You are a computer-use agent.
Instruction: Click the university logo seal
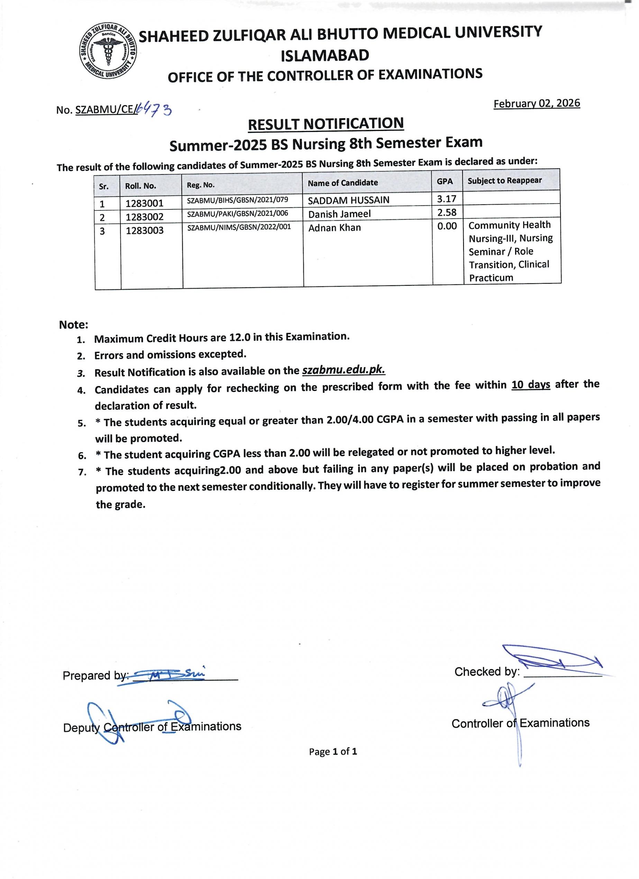tap(108, 51)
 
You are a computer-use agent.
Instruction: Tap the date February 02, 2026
tap(537, 103)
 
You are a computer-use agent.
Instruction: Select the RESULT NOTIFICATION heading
tap(326, 124)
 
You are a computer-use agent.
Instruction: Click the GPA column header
tap(445, 181)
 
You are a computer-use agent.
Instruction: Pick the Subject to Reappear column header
tap(504, 181)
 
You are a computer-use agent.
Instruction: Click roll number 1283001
tap(144, 203)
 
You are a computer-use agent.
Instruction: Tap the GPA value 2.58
tap(447, 212)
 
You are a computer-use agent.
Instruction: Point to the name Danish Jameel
tap(339, 214)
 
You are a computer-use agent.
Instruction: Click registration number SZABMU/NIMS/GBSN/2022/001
tap(239, 227)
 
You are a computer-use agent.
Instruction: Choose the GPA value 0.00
tap(447, 226)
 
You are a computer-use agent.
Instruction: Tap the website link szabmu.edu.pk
tap(343, 370)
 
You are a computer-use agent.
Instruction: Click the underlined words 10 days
tap(530, 385)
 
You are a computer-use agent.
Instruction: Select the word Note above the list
tap(73, 325)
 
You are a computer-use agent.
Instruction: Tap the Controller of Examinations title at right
tap(520, 723)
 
